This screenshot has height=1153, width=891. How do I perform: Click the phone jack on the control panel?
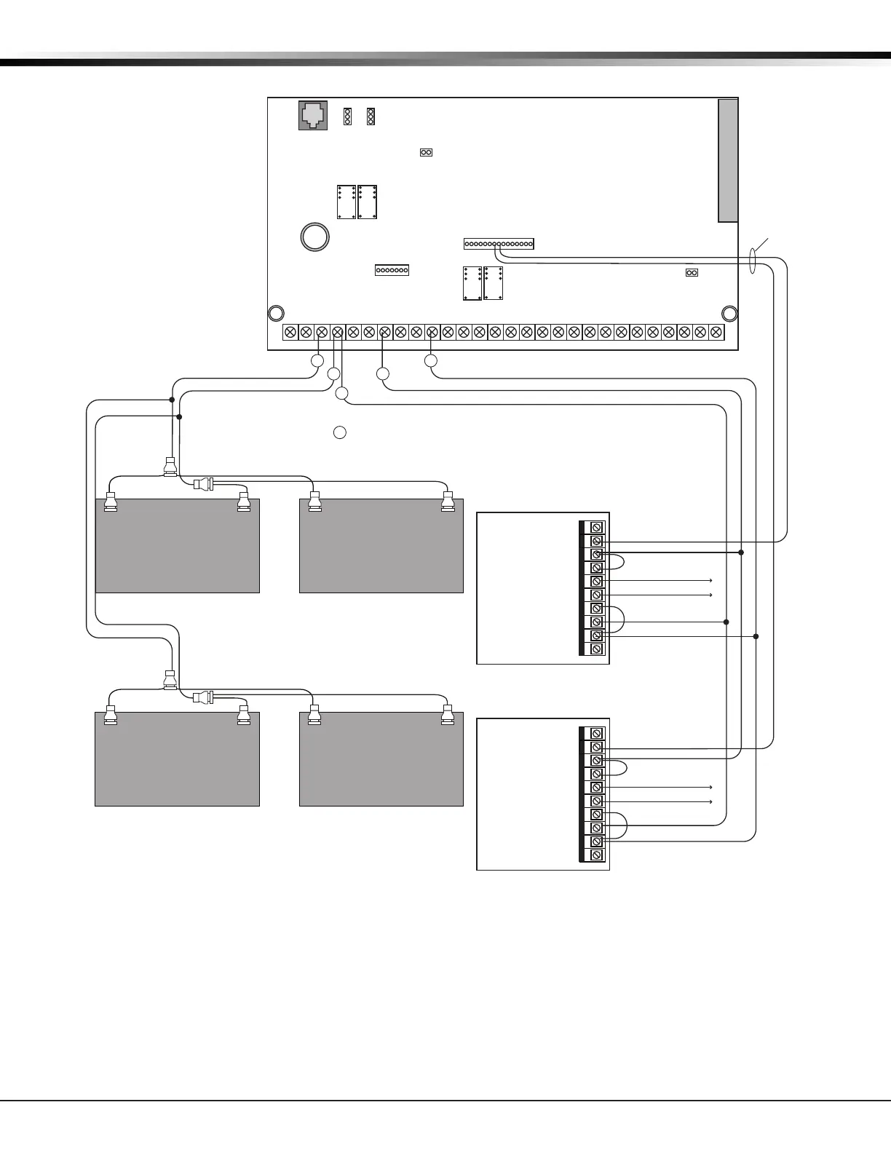click(x=313, y=116)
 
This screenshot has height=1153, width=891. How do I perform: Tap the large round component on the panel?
click(x=315, y=237)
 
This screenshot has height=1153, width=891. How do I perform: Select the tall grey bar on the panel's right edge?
click(x=728, y=160)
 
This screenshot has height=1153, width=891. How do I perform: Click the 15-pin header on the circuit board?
click(x=499, y=244)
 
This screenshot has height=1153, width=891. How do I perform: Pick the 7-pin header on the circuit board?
click(x=392, y=270)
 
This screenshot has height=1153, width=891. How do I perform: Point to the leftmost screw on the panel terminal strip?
click(x=290, y=333)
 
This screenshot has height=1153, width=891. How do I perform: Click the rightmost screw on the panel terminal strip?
click(x=716, y=333)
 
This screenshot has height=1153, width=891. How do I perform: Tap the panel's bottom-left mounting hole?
click(x=276, y=314)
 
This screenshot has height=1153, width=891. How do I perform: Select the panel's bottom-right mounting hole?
click(x=729, y=314)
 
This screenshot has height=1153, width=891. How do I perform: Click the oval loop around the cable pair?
click(x=754, y=261)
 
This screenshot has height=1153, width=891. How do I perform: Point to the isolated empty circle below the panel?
click(x=339, y=432)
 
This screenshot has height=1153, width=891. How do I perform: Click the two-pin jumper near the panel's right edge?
click(x=692, y=273)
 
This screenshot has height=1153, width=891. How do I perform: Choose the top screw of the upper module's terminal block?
click(x=597, y=527)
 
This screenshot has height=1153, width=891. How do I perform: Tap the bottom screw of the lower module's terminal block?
click(x=597, y=855)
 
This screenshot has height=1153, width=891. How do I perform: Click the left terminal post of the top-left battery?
click(x=111, y=502)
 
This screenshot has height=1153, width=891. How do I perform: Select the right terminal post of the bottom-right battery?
click(x=448, y=716)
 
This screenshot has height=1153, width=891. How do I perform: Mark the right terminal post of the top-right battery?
click(x=448, y=502)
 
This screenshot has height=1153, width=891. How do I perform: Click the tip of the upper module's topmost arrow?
click(x=711, y=581)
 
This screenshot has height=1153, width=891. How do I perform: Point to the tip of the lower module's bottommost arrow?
click(x=711, y=801)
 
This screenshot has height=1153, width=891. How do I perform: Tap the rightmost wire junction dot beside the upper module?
click(x=756, y=636)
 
